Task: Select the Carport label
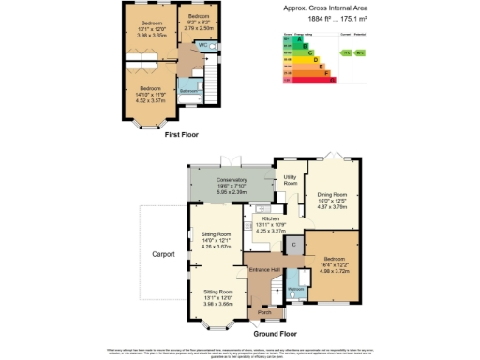pos(165,253)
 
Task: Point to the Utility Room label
pos(290,179)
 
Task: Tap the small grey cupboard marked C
pos(293,246)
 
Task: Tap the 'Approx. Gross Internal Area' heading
pos(337,8)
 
